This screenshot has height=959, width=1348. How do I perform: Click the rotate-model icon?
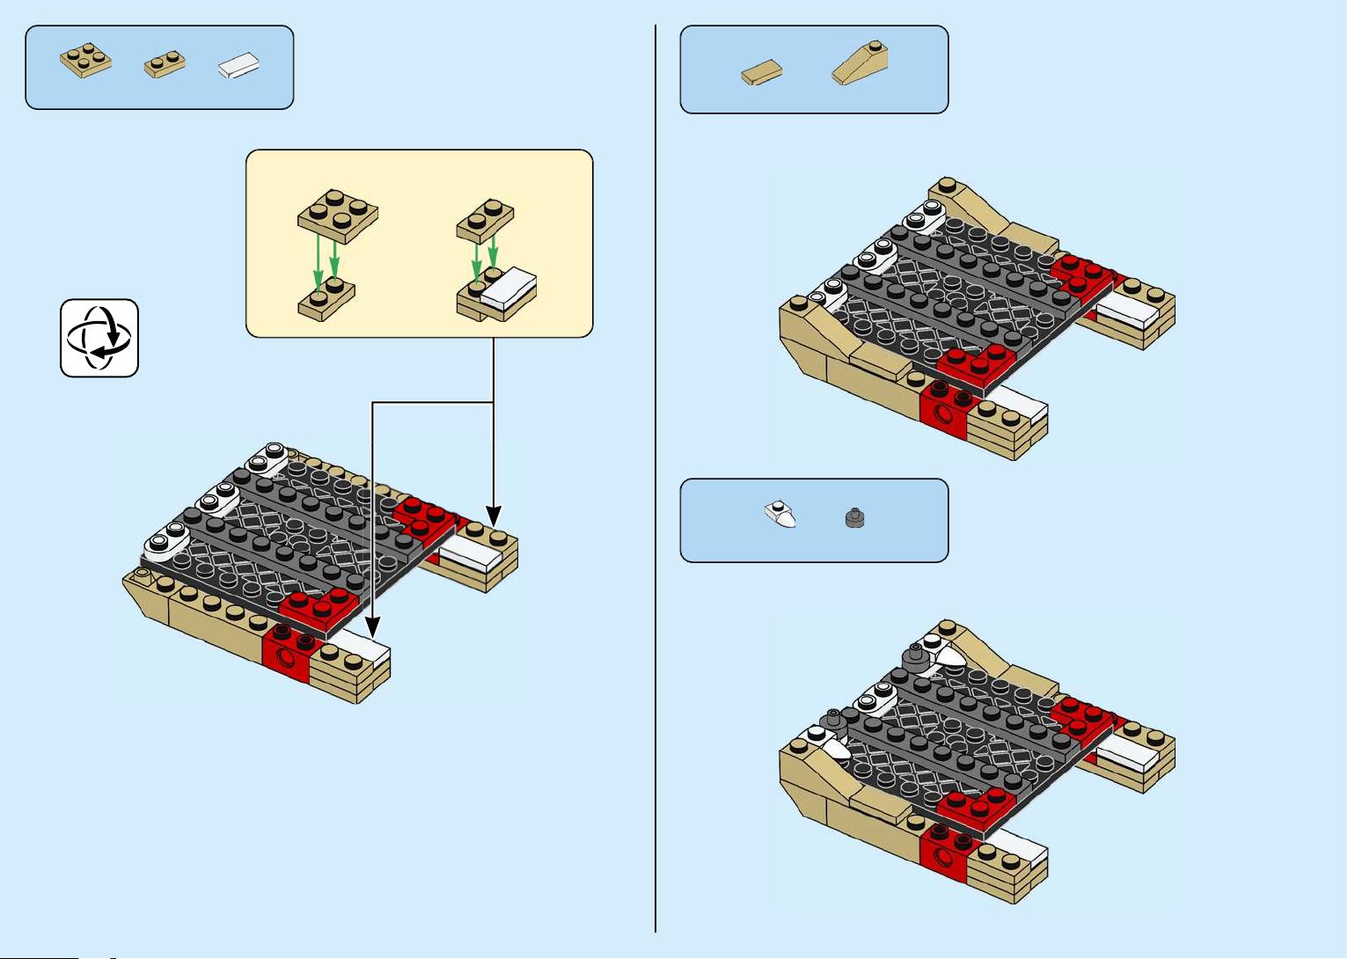pyautogui.click(x=99, y=338)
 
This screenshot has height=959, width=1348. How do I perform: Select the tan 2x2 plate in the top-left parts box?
pyautogui.click(x=85, y=61)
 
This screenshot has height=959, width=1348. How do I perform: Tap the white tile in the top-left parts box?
pyautogui.click(x=239, y=66)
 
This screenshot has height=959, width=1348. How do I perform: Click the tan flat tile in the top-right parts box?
pyautogui.click(x=762, y=72)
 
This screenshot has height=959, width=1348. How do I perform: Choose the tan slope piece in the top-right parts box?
pyautogui.click(x=861, y=64)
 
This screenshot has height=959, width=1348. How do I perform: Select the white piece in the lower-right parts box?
pyautogui.click(x=780, y=515)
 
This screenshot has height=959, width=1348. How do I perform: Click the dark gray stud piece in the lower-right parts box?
pyautogui.click(x=854, y=519)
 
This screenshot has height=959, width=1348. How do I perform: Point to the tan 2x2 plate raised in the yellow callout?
pyautogui.click(x=338, y=215)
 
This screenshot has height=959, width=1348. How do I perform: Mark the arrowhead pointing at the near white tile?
pyautogui.click(x=373, y=627)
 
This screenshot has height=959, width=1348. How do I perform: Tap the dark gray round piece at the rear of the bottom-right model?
pyautogui.click(x=916, y=658)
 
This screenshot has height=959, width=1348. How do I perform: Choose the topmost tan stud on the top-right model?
pyautogui.click(x=948, y=186)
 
